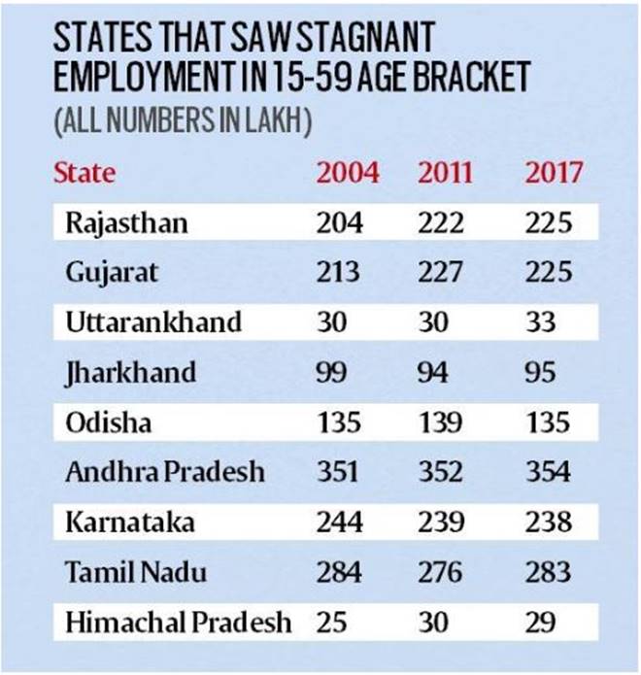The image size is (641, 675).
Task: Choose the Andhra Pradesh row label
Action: (164, 472)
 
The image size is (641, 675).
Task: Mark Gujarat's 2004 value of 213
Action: (339, 273)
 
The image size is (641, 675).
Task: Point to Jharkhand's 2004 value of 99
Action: (331, 372)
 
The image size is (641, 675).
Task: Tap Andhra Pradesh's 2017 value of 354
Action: (548, 472)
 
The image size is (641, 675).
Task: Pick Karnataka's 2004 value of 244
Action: (340, 523)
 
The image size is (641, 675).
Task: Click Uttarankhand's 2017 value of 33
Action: (541, 322)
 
